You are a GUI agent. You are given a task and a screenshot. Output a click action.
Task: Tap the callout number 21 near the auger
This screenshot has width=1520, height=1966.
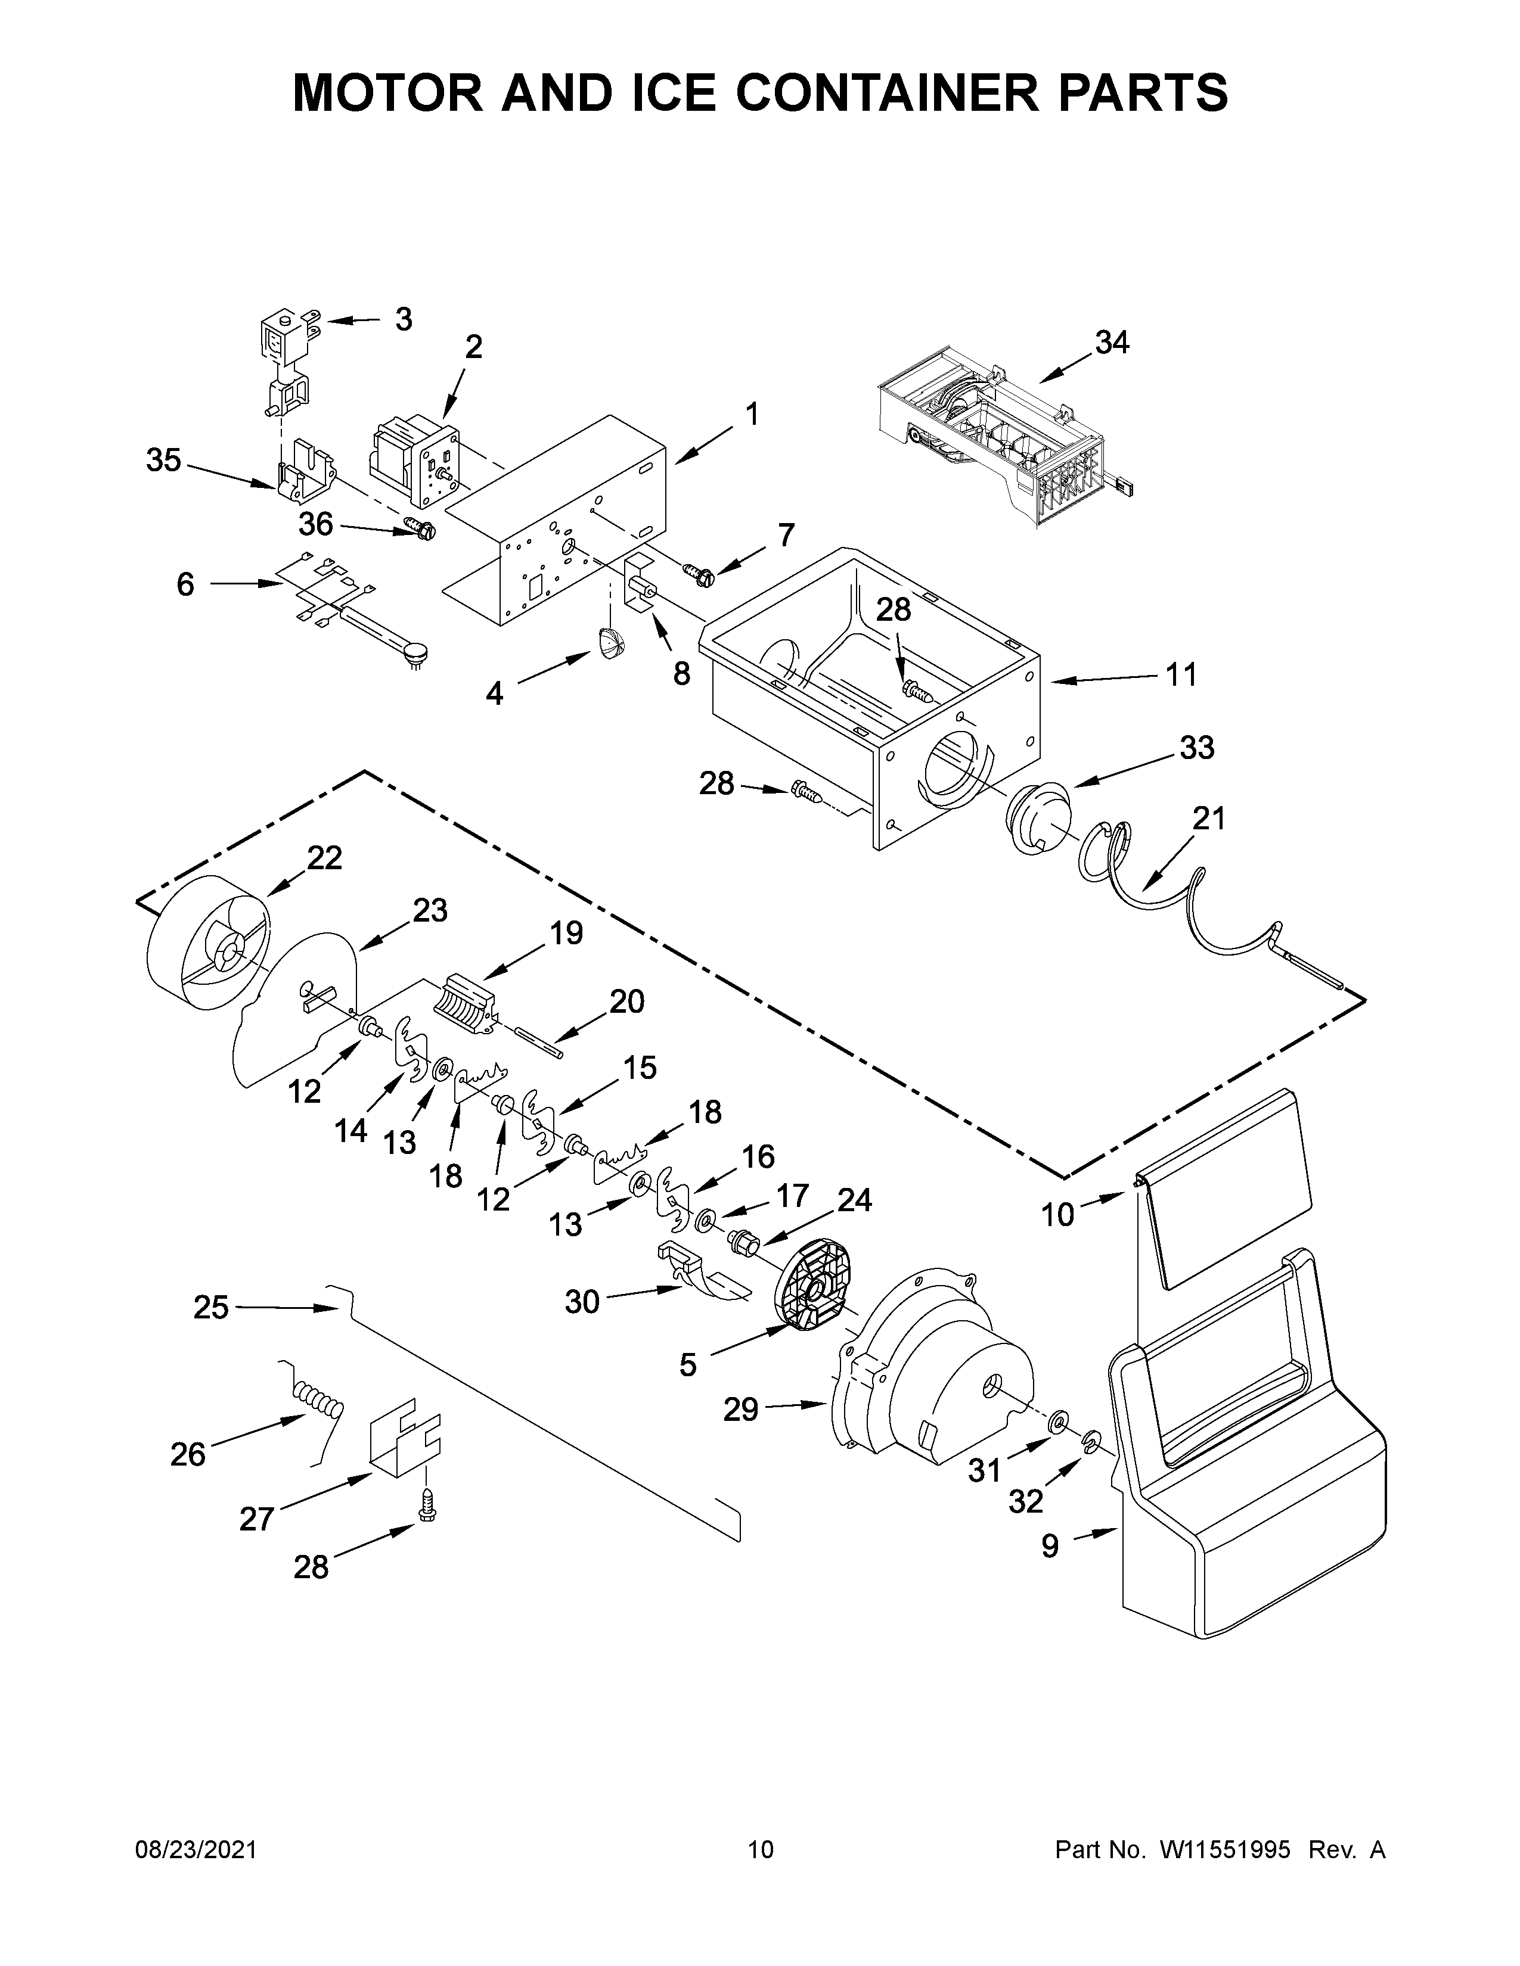click(x=1209, y=819)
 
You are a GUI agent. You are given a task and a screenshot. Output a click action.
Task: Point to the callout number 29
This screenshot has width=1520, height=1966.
click(x=740, y=1409)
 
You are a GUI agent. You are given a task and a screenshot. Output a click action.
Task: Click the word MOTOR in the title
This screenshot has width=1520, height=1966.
click(x=393, y=93)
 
